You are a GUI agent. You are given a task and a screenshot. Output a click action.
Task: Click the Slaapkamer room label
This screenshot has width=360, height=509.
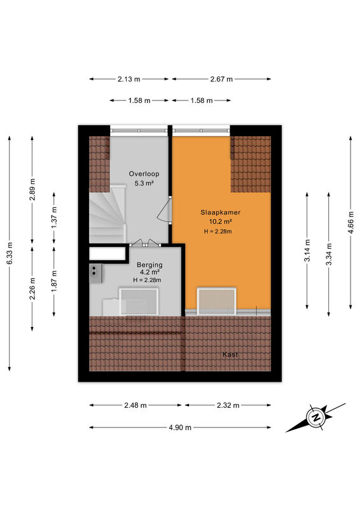click(x=220, y=213)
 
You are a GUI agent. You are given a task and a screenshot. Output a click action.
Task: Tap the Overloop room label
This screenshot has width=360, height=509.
click(x=144, y=174)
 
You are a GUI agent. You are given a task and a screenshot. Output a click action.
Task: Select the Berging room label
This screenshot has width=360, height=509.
click(x=149, y=265)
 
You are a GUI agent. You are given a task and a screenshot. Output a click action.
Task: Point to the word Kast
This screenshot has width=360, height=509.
click(x=230, y=354)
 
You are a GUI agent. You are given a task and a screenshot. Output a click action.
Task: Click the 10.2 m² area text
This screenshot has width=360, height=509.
click(x=220, y=222)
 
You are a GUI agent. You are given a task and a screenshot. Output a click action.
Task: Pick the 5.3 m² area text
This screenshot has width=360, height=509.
click(x=144, y=183)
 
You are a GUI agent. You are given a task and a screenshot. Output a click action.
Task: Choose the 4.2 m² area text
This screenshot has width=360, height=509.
click(x=149, y=272)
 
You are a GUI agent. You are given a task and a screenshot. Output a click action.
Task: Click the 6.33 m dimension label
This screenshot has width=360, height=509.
click(x=10, y=253)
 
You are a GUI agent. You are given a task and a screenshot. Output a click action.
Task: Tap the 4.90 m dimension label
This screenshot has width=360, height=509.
click(x=180, y=428)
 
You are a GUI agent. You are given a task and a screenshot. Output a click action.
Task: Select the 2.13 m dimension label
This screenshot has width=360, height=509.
click(x=129, y=79)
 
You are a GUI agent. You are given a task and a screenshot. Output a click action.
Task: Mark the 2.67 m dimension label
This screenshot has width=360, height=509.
click(x=221, y=79)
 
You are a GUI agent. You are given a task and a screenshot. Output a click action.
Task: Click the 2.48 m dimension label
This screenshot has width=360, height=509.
click(x=135, y=405)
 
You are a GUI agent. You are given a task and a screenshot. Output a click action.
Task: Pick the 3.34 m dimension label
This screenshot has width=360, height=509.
click(x=329, y=254)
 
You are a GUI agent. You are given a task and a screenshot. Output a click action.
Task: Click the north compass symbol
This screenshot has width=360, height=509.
click(x=315, y=418)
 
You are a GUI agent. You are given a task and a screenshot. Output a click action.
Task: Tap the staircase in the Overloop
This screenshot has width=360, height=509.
click(x=107, y=214)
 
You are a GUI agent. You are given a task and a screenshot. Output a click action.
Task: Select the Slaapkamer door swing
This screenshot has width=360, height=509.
click(x=165, y=211)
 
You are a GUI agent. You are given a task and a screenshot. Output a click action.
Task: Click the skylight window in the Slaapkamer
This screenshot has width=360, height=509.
click(x=216, y=301)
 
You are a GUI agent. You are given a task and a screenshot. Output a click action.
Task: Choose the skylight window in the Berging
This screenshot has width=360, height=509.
click(x=139, y=302)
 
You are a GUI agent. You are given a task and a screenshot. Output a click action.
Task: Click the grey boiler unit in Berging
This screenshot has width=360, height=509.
click(x=96, y=274)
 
